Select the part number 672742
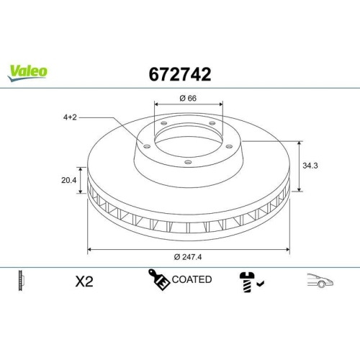179,73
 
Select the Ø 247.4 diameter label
189,258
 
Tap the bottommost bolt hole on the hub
188,162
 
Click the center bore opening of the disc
189,141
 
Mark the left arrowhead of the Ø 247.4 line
89,249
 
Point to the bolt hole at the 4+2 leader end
147,146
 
